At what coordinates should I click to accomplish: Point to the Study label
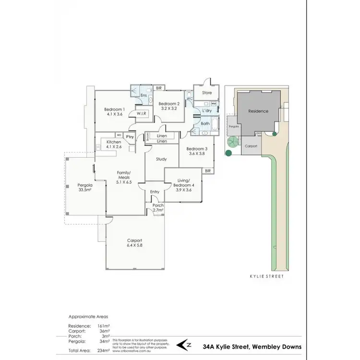click(x=161, y=159)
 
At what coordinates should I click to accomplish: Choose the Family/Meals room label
click(x=124, y=175)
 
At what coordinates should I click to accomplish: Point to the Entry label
click(x=155, y=192)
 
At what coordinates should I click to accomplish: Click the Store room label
click(x=206, y=93)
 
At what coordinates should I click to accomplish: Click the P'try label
click(x=129, y=137)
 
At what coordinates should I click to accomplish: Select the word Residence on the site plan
click(x=258, y=111)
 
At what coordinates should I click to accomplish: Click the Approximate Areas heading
click(x=88, y=317)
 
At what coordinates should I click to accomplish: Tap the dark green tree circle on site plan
click(x=228, y=153)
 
